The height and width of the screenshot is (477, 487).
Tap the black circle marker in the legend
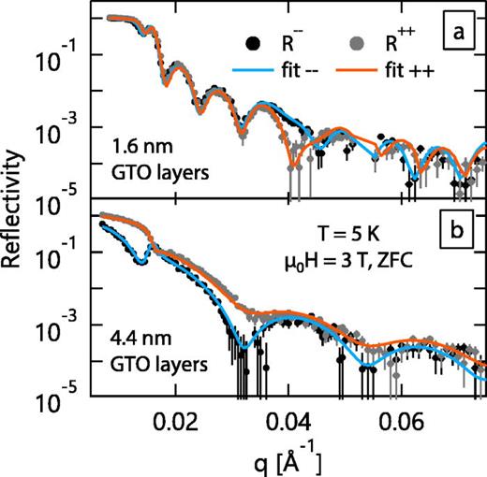coord(252,41)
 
